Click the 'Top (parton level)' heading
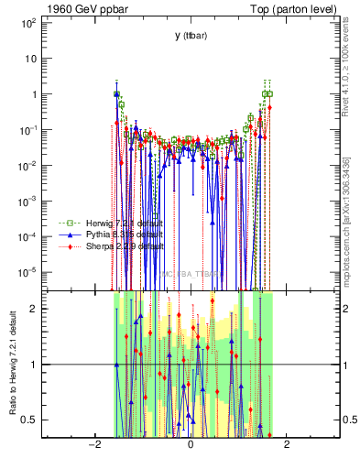(x=292, y=9)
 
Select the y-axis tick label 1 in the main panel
(x=32, y=93)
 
